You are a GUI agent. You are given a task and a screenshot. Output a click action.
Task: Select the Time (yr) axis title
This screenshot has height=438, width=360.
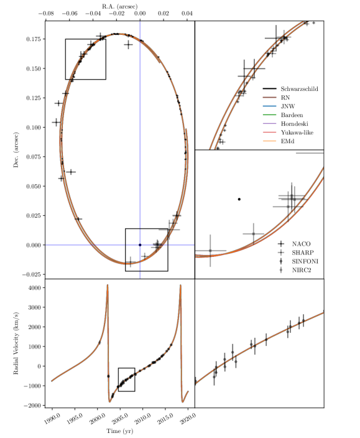point(119,431)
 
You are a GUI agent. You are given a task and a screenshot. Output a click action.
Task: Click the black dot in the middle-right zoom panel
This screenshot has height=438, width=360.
point(239,199)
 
